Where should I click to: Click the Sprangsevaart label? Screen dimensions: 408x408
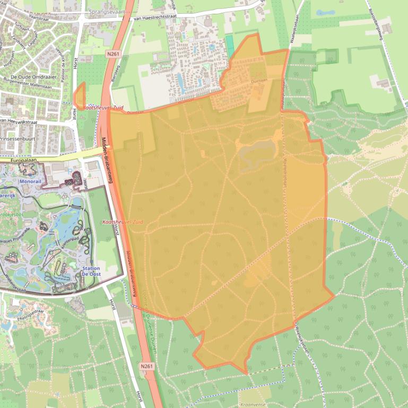[107, 10]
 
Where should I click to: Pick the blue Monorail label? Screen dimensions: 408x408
[30, 181]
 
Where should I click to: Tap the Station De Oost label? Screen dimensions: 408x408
[91, 272]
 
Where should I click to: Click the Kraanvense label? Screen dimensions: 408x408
[253, 404]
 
